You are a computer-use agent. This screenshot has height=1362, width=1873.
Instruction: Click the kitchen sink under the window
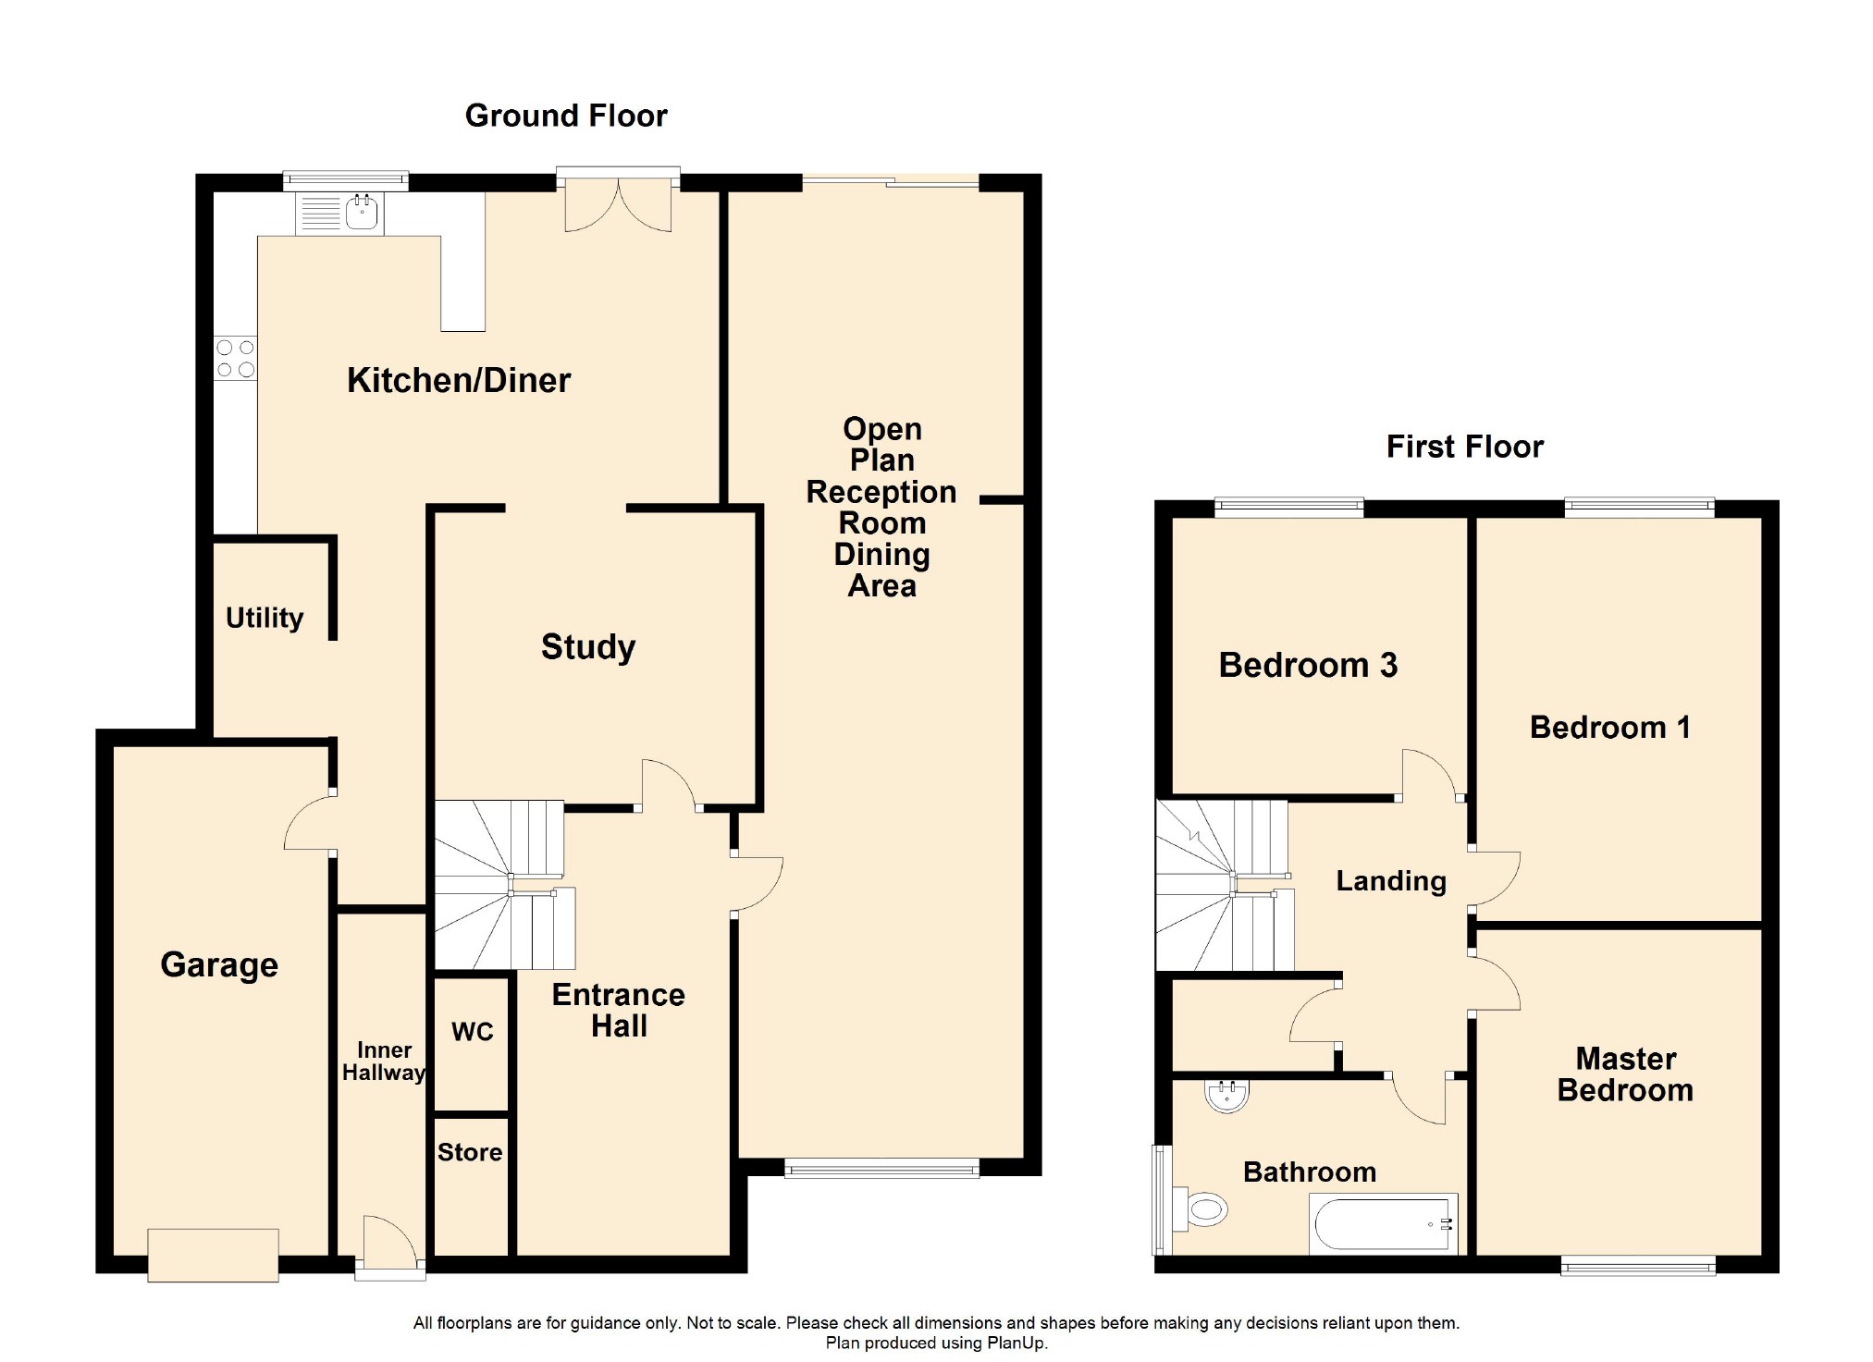pos(361,213)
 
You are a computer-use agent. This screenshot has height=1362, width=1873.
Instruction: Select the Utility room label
pos(265,618)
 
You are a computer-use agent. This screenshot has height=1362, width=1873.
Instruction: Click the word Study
pos(588,647)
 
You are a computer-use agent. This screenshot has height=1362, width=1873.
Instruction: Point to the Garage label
pos(219,964)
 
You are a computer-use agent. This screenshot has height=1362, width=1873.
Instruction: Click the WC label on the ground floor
pos(472,1032)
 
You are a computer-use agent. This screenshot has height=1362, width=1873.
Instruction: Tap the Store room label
pos(470,1152)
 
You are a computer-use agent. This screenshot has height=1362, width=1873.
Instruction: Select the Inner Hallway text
pos(384,1061)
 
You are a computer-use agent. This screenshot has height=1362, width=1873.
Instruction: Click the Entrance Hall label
pos(619,1010)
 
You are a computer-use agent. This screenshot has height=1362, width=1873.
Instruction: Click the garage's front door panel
pos(213,1255)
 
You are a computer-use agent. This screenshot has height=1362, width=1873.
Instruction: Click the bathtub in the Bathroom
pos(1383,1224)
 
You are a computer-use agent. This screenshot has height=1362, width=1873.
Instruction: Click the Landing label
pos(1391,881)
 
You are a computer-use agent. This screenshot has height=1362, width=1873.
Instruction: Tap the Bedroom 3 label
pos(1308,666)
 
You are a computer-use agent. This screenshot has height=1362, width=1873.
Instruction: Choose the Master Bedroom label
pos(1625,1074)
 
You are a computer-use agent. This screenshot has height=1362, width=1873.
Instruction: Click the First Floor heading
pos(1465,447)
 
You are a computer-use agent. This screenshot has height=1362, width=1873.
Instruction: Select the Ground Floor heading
pos(566,116)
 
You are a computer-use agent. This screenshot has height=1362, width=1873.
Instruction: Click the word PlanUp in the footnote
pos(1015,1343)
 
